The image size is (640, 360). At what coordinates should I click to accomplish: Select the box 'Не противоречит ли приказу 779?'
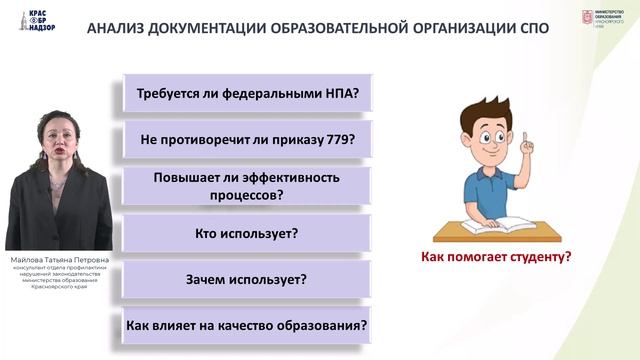[247, 139]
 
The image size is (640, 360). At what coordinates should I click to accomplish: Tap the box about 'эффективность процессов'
[247, 187]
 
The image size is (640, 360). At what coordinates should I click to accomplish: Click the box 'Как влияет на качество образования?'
[247, 326]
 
